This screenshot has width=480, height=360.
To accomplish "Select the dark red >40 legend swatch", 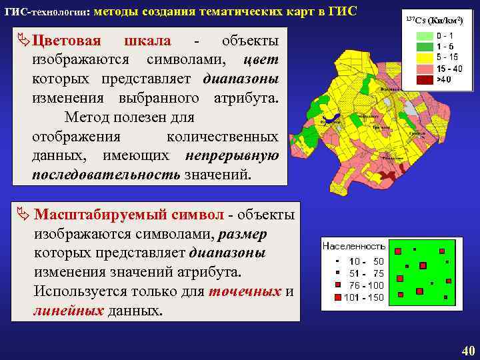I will [x=424, y=79].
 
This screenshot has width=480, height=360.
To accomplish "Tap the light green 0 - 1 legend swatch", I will [x=424, y=35].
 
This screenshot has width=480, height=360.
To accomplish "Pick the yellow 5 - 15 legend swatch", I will [x=424, y=57].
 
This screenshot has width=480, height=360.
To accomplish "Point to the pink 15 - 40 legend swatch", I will [x=424, y=68].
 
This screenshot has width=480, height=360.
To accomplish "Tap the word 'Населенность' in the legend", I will [x=354, y=246].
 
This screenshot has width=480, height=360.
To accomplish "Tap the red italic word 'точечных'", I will [x=245, y=292].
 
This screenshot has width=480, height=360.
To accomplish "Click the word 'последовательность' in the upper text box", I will [x=105, y=175].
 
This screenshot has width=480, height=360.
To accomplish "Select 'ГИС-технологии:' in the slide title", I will [x=47, y=12].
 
